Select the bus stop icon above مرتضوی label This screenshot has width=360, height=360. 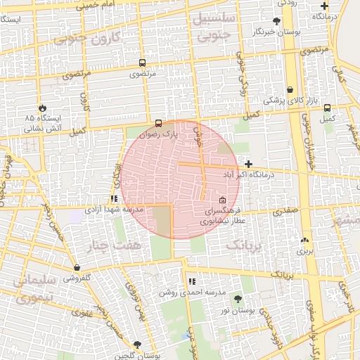[x=143, y=63]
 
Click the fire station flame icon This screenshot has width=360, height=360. [x=43, y=108]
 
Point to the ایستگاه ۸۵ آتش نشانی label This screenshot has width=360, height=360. [x=44, y=123]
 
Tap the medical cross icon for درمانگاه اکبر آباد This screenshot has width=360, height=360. [x=248, y=163]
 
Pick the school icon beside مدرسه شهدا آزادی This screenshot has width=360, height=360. [x=113, y=200]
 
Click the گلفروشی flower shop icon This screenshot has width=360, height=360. [x=77, y=267]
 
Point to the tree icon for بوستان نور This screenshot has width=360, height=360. [x=236, y=300]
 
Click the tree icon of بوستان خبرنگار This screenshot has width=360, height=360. [x=276, y=22]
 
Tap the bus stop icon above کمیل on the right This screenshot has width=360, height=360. [x=328, y=108]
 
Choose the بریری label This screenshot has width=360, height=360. [x=304, y=250]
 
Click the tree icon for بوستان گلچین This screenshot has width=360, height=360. [x=136, y=345]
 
